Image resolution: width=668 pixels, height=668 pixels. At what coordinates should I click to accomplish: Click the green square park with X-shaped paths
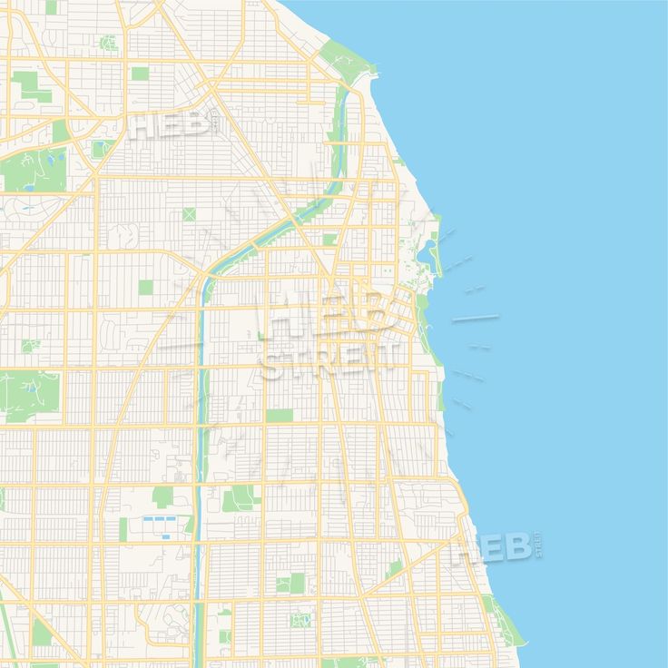[189, 214]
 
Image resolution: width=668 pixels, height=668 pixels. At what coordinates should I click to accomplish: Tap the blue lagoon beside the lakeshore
[425, 258]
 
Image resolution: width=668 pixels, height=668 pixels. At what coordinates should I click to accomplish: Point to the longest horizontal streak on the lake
[475, 318]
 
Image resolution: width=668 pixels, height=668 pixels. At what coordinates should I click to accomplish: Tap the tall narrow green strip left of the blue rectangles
[123, 528]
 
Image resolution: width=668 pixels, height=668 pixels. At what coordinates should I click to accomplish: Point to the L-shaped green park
[27, 87]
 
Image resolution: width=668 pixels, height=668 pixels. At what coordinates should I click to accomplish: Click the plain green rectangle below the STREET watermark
[280, 415]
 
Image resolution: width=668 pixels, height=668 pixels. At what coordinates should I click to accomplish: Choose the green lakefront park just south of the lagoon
[423, 303]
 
